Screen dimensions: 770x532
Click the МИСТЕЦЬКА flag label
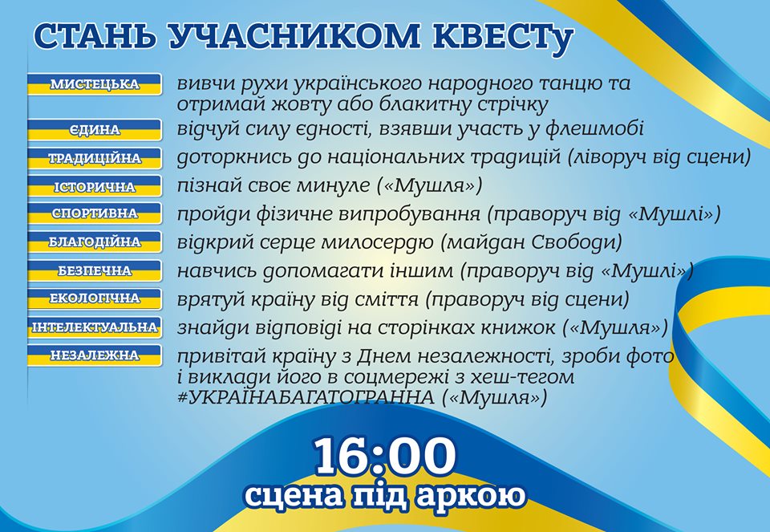pyautogui.click(x=95, y=84)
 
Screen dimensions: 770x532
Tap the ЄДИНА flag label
pyautogui.click(x=95, y=130)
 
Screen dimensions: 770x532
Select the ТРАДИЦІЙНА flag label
pyautogui.click(x=95, y=158)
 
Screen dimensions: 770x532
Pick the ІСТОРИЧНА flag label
pyautogui.click(x=95, y=187)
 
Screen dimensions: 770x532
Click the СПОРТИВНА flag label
pyautogui.click(x=95, y=213)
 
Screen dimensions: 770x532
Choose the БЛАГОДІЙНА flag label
pyautogui.click(x=95, y=242)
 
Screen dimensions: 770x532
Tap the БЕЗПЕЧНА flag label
pyautogui.click(x=95, y=270)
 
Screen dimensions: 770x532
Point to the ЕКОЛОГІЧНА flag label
pyautogui.click(x=95, y=298)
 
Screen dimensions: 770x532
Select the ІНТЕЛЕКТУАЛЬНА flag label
pyautogui.click(x=95, y=327)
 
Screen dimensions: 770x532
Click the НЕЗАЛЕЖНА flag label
pyautogui.click(x=95, y=355)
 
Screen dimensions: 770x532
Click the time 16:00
pyautogui.click(x=385, y=457)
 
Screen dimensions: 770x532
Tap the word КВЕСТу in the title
pyautogui.click(x=503, y=36)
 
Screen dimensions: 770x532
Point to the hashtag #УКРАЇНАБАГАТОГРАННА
pyautogui.click(x=306, y=397)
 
